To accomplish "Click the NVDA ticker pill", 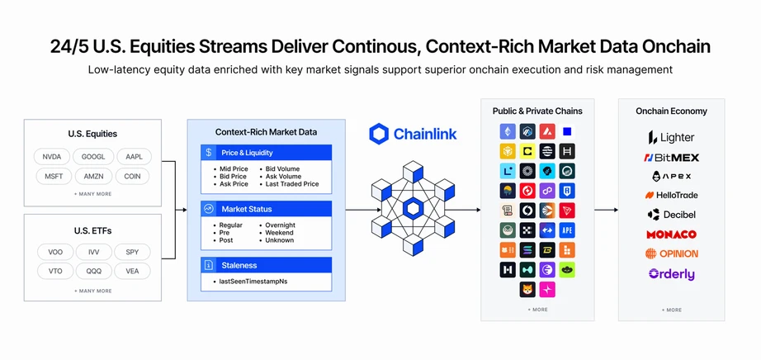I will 52,155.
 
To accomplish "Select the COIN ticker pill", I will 131,175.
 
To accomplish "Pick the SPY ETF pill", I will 131,251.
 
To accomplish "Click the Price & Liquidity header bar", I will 266,153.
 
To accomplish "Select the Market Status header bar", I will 266,209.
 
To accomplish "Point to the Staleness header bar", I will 266,265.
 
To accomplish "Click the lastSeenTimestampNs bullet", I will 253,282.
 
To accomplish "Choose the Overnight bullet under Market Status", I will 280,225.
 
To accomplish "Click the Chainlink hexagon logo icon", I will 379,134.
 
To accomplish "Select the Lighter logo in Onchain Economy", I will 670,137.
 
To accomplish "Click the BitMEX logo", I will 670,157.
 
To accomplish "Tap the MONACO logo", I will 670,234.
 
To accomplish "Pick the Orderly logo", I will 670,273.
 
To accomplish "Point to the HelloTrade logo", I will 670,195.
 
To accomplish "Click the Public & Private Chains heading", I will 536,111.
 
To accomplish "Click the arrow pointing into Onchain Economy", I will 606,210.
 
